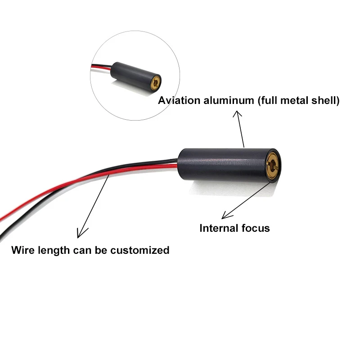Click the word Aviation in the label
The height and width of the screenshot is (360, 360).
(x=177, y=100)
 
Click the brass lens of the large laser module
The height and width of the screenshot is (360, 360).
(x=272, y=164)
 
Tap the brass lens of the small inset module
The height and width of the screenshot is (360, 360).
(x=155, y=82)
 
